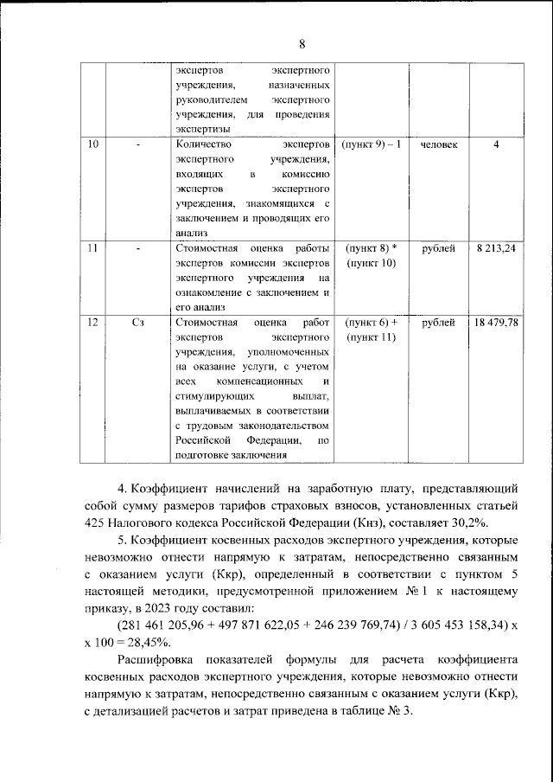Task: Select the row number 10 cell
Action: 92,144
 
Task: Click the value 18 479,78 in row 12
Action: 496,323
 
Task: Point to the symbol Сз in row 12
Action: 138,323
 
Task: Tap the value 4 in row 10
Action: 496,144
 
